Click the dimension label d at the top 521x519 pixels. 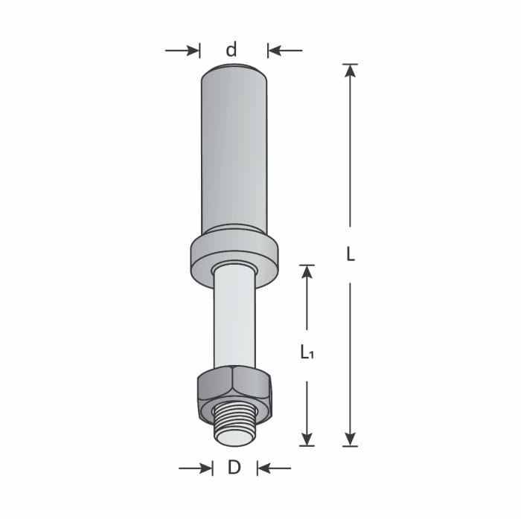(232, 50)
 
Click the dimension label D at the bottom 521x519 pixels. (234, 468)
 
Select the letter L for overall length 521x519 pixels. (351, 254)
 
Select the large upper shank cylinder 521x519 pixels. (234, 149)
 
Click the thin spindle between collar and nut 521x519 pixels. (234, 320)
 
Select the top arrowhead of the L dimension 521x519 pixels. (351, 71)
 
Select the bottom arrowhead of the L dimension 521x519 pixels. (351, 439)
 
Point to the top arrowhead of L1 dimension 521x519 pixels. (307, 271)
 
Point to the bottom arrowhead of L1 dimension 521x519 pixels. (307, 439)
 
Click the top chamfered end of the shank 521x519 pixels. (234, 70)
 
